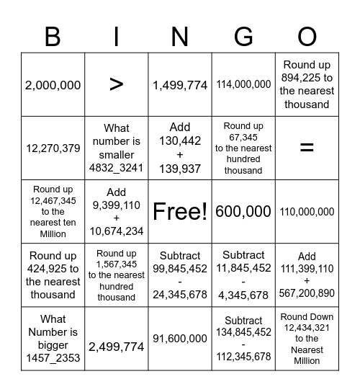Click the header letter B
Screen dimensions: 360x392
[x=53, y=35]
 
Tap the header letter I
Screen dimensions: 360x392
[x=117, y=35]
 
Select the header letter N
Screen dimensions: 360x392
[x=180, y=35]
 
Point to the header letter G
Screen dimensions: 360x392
[x=243, y=35]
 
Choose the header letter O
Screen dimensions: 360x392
[x=307, y=35]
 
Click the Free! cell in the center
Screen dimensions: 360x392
[x=180, y=212]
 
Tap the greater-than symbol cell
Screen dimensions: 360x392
[x=117, y=85]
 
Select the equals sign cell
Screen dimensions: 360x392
[x=307, y=148]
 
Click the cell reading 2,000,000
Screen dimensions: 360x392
[x=53, y=85]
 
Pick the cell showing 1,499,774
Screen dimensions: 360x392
[x=180, y=85]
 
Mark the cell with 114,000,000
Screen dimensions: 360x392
[x=243, y=85]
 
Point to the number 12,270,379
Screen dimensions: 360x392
[x=53, y=148]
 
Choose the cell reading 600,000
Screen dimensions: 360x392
[x=243, y=212]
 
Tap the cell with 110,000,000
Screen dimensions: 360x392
[x=307, y=212]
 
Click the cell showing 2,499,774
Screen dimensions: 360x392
[x=117, y=347]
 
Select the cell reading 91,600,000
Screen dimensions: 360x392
[x=180, y=347]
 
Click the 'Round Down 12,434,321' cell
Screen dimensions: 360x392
[x=307, y=339]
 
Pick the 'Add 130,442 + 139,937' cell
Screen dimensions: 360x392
[x=180, y=148]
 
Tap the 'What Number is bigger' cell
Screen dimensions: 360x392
[x=53, y=339]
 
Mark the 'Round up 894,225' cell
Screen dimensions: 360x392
[x=307, y=85]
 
